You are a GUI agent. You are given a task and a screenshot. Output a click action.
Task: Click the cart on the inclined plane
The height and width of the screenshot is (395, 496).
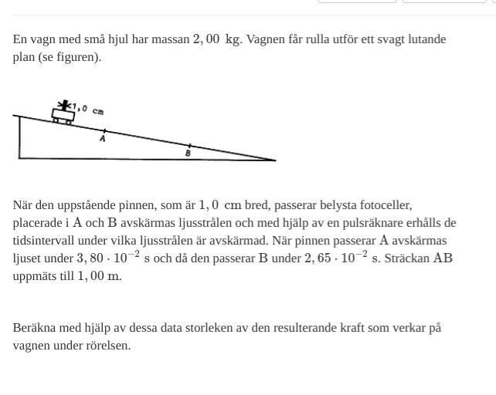click(63, 116)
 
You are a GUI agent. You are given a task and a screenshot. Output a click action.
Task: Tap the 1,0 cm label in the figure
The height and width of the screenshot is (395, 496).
click(88, 110)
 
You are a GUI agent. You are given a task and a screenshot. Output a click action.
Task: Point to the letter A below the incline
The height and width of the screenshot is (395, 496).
click(102, 139)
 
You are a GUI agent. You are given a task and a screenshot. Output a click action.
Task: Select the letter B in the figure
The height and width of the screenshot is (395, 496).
click(188, 153)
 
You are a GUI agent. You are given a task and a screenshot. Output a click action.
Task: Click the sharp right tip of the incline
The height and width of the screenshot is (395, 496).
click(274, 160)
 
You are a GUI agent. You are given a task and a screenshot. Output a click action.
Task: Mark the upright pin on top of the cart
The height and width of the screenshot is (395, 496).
click(64, 105)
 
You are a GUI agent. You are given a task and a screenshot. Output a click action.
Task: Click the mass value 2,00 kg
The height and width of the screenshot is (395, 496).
click(216, 39)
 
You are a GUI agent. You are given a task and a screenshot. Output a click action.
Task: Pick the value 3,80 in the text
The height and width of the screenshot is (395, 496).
click(90, 258)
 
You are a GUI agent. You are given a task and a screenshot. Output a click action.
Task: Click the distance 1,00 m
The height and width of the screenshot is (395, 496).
click(99, 276)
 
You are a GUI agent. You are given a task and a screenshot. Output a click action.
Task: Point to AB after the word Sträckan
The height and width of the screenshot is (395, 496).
click(443, 258)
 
